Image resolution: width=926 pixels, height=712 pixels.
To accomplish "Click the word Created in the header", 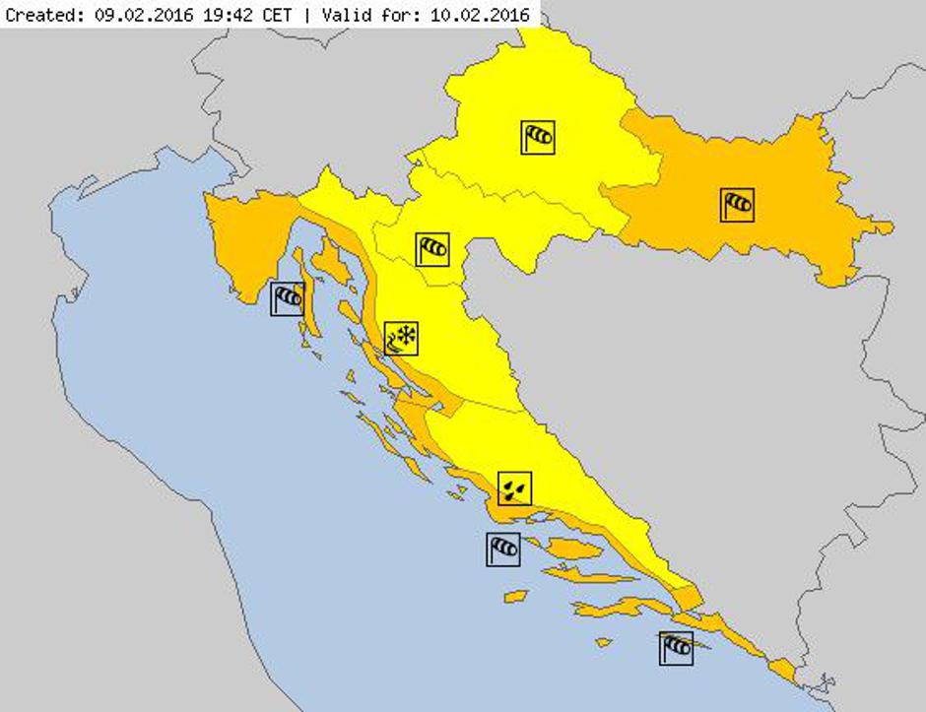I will (x=38, y=15).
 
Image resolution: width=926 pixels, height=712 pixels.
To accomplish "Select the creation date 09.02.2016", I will (x=129, y=15).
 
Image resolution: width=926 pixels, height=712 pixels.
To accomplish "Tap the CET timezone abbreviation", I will (x=251, y=15).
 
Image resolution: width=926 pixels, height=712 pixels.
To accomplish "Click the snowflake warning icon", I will (x=401, y=338).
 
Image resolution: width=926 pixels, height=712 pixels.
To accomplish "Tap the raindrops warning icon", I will (x=514, y=487).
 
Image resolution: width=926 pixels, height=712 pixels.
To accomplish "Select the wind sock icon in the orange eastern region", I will (x=737, y=204).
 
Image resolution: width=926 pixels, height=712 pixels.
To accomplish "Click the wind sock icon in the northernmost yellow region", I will (x=538, y=137).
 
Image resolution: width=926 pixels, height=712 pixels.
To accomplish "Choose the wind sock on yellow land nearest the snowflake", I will (x=431, y=249).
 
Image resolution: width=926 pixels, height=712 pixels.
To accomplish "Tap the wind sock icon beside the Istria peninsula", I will (x=288, y=297).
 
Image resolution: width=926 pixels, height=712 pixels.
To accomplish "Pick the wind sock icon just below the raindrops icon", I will (x=502, y=549).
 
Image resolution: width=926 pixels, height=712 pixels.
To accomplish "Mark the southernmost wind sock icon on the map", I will (x=676, y=648).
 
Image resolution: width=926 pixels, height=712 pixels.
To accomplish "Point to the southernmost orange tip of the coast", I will (x=788, y=676).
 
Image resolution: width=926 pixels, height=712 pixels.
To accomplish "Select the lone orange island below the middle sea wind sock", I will (x=515, y=596).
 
